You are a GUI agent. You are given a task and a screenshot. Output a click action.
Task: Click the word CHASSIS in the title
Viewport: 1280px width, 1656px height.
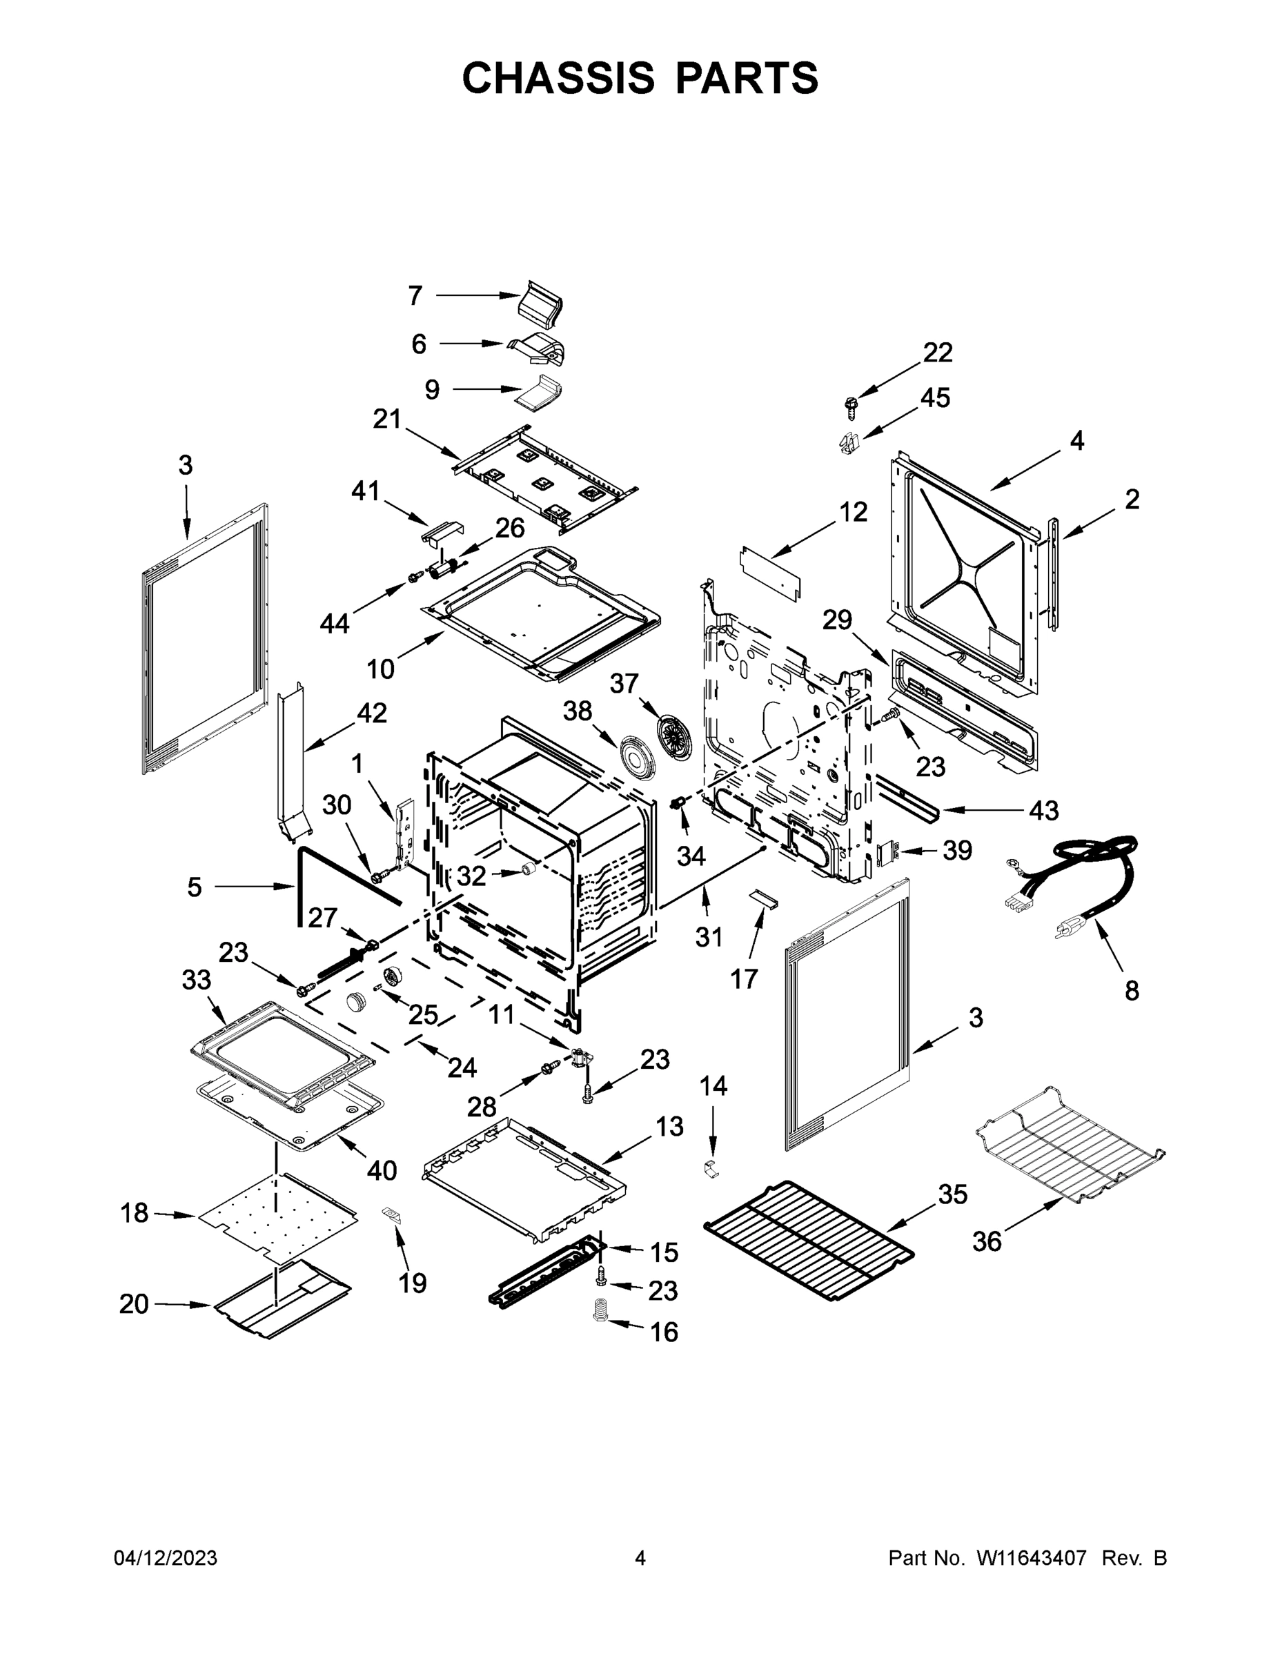pos(558,77)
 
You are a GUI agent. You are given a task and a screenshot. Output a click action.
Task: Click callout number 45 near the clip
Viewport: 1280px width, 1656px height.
pos(934,397)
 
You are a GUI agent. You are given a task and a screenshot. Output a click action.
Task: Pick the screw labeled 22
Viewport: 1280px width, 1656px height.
pos(850,406)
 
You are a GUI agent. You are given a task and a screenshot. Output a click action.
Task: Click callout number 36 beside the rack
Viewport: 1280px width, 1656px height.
pos(987,1242)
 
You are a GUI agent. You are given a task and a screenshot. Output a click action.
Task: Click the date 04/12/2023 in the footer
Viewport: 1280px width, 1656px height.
pos(166,1558)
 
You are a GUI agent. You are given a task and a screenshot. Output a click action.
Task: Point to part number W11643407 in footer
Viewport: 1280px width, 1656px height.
pos(1032,1558)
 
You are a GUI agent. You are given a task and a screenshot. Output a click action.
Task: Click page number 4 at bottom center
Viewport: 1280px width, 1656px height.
pos(640,1558)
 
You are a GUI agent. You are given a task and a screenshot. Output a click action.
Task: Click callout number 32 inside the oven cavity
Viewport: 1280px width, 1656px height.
pos(471,876)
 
